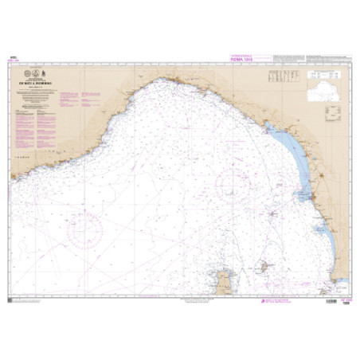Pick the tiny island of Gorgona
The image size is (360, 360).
(x=273, y=214)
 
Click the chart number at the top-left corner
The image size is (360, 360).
(x=12, y=58)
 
